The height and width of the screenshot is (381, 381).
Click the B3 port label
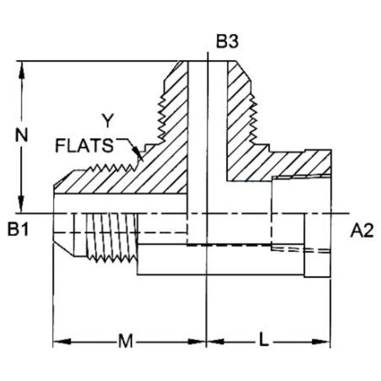click(227, 42)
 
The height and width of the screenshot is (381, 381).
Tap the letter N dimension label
click(22, 135)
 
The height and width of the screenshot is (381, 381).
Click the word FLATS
click(84, 146)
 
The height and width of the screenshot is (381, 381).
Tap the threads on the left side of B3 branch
click(162, 116)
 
